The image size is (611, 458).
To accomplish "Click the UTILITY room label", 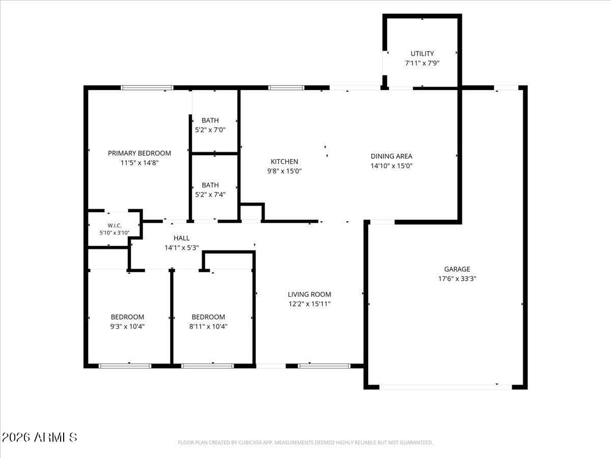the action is pyautogui.click(x=422, y=53).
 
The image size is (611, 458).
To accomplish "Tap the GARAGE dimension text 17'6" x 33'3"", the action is pyautogui.click(x=457, y=279).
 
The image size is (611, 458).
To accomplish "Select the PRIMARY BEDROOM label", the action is pyautogui.click(x=140, y=153).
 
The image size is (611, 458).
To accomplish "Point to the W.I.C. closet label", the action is pyautogui.click(x=115, y=225).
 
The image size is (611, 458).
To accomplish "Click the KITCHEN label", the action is pyautogui.click(x=284, y=161).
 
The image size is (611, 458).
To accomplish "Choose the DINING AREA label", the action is pyautogui.click(x=392, y=156).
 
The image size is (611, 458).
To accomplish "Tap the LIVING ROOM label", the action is pyautogui.click(x=309, y=295).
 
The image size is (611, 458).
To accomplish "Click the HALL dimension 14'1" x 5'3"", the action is pyautogui.click(x=181, y=248).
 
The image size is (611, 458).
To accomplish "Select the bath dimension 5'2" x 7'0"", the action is pyautogui.click(x=210, y=130).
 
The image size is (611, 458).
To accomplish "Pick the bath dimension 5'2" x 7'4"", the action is pyautogui.click(x=210, y=195).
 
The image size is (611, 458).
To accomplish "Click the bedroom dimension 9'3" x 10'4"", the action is pyautogui.click(x=127, y=327).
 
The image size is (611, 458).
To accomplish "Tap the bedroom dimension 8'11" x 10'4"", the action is pyautogui.click(x=208, y=327).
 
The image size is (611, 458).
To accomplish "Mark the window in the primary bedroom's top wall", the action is pyautogui.click(x=147, y=88).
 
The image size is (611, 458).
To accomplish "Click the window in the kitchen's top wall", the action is pyautogui.click(x=286, y=88).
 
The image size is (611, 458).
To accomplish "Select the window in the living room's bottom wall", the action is pyautogui.click(x=324, y=366).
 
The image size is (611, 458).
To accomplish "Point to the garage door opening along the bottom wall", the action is pyautogui.click(x=446, y=387).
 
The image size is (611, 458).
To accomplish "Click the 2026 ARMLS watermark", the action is pyautogui.click(x=39, y=438).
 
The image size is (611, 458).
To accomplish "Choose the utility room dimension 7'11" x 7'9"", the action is pyautogui.click(x=422, y=63).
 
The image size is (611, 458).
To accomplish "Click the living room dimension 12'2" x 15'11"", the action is pyautogui.click(x=309, y=304).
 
